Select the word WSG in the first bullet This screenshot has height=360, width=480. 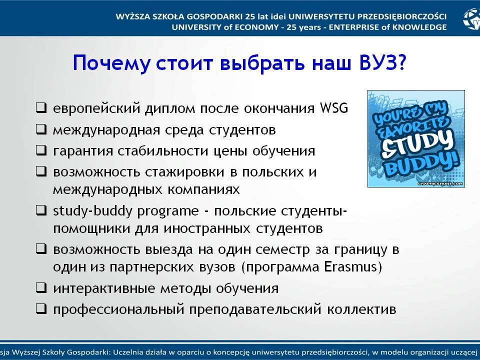334,108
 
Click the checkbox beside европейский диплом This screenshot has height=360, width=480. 41,108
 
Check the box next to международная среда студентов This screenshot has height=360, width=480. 41,129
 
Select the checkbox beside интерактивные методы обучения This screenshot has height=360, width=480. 41,288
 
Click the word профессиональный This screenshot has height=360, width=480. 119,309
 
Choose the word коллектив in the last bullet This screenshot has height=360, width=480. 361,309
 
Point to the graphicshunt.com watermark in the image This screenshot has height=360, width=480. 440,183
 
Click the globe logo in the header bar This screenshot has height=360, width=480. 471,19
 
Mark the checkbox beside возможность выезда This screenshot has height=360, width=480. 41,248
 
